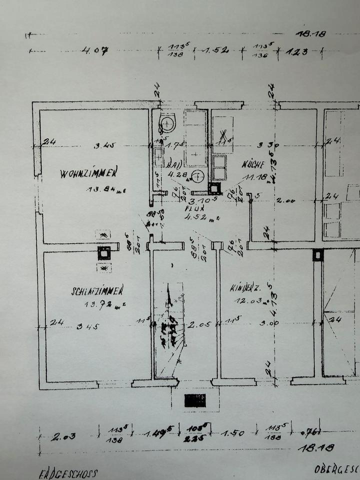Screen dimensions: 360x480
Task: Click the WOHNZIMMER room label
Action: [x=89, y=173]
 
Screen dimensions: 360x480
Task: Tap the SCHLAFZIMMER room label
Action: [x=97, y=291]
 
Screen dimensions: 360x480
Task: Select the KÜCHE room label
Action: [x=253, y=163]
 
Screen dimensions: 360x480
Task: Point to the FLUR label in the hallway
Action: [x=191, y=207]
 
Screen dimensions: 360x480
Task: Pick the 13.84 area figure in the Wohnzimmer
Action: [x=105, y=189]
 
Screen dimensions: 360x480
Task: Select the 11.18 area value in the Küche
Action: [x=256, y=176]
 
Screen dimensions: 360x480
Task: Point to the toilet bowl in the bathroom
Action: [x=167, y=121]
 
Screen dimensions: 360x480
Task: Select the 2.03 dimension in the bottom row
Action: [x=64, y=436]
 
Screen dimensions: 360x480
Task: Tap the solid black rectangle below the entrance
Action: [x=195, y=400]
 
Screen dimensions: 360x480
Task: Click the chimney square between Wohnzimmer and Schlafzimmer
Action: [x=104, y=252]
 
